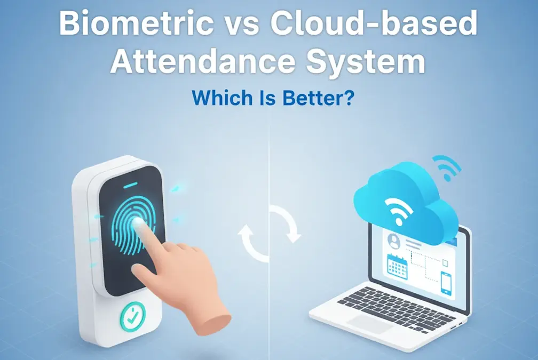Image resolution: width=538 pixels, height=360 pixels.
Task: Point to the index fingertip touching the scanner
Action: [x=140, y=225]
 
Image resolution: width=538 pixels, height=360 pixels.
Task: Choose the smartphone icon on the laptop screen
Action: [x=446, y=282]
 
